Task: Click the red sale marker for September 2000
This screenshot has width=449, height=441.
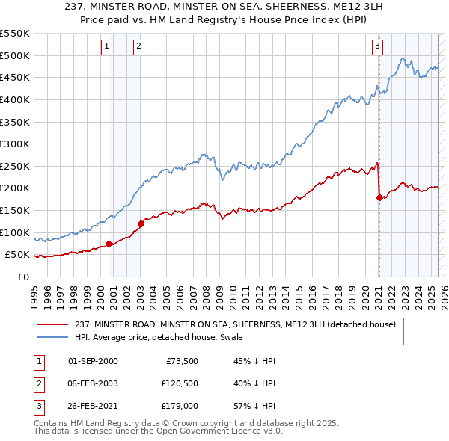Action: tap(109, 244)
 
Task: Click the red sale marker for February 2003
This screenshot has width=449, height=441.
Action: tap(141, 223)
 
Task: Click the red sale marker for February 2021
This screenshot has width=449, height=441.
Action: tap(379, 197)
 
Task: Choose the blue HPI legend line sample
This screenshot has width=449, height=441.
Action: tap(52, 337)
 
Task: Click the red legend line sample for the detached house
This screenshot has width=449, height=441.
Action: tap(52, 324)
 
